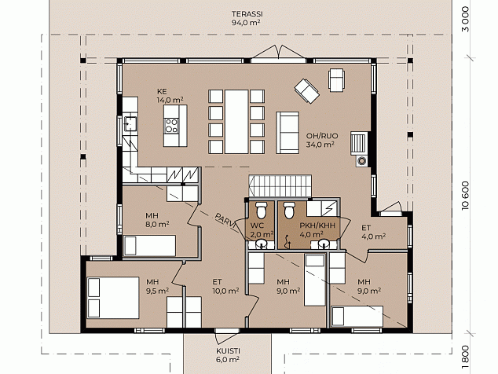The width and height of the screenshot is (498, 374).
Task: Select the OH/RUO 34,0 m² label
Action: coord(322,140)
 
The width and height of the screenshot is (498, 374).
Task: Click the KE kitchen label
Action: coord(162,91)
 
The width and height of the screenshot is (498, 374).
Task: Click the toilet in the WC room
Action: coord(261,210)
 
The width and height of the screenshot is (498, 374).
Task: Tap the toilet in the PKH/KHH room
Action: coord(289,210)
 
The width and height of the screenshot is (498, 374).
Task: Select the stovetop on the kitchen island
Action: coord(171,125)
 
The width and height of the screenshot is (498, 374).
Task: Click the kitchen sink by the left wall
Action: coord(130,123)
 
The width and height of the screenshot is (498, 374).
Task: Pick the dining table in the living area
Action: coord(236,122)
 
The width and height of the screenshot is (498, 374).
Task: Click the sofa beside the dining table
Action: coord(287,133)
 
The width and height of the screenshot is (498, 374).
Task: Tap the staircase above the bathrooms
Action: coord(280,186)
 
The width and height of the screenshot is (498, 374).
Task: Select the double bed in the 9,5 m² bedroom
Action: coord(113,298)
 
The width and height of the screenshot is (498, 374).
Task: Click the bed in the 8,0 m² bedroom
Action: coord(149,245)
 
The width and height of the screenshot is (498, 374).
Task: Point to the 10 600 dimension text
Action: coord(465,196)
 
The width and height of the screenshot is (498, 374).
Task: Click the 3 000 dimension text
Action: coord(465,20)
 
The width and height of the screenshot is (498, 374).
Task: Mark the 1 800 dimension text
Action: coord(465,358)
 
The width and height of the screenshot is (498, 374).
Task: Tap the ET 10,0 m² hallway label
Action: coord(225,286)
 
